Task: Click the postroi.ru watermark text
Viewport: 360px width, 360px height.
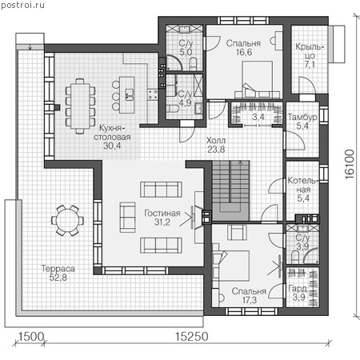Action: (x=22, y=5)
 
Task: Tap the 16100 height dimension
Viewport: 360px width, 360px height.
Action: (x=350, y=164)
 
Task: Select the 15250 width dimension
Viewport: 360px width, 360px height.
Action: (x=191, y=337)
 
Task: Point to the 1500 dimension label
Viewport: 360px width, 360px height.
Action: (x=31, y=337)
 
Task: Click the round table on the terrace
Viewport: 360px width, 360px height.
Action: (x=67, y=221)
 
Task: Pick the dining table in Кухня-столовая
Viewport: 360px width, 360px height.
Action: (x=80, y=106)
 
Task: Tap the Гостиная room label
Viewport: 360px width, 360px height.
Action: (x=162, y=213)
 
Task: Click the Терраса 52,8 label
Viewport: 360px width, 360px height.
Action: (x=58, y=273)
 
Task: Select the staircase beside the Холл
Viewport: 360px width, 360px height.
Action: (x=230, y=190)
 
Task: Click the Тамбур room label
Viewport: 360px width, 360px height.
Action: (x=302, y=117)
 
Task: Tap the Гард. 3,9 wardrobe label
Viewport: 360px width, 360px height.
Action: (x=298, y=293)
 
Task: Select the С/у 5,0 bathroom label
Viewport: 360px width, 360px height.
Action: (x=186, y=47)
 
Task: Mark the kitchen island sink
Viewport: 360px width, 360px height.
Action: (x=129, y=94)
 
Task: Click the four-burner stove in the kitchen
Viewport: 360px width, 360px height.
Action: (x=153, y=94)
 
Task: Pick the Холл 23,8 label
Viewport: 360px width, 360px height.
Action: (x=216, y=145)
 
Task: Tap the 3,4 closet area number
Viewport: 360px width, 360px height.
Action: (x=258, y=117)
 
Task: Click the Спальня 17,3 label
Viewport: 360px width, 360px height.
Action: (x=249, y=295)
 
